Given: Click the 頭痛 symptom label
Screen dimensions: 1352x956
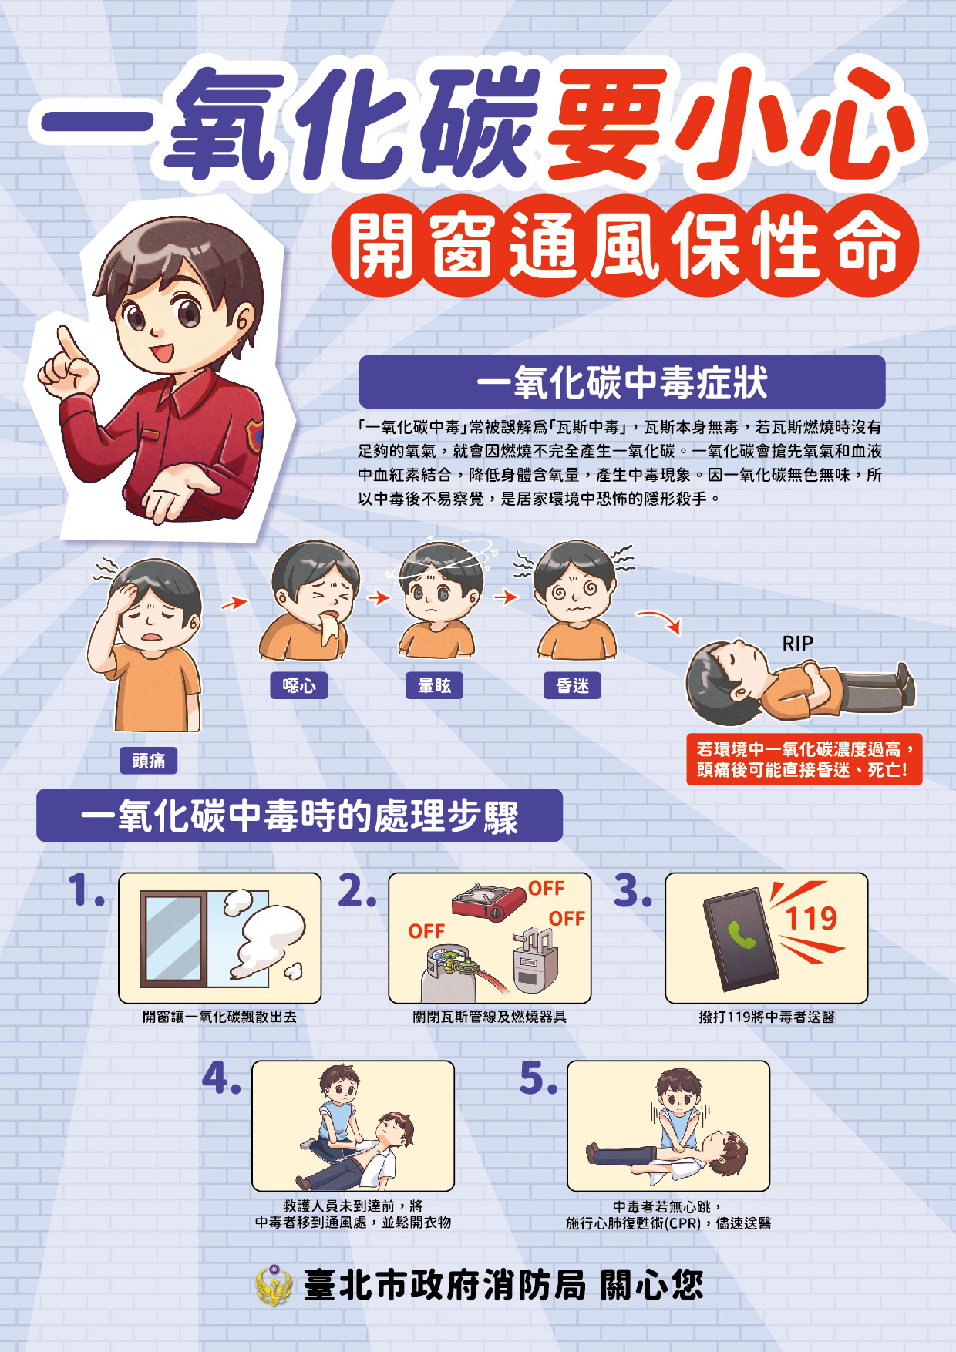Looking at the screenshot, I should (x=149, y=761).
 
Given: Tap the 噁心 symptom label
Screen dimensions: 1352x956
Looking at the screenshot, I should (x=299, y=685).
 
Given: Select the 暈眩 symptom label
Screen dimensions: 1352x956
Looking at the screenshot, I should (x=434, y=685).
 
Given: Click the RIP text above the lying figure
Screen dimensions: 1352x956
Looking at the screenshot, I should (x=797, y=643).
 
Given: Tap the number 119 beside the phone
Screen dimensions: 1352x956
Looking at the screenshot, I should (x=811, y=918).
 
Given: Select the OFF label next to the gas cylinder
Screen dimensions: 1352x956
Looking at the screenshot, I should (x=426, y=931).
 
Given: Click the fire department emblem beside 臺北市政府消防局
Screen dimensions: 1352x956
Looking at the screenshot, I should (x=274, y=1285).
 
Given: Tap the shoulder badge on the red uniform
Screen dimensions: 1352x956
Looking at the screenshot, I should (x=254, y=435).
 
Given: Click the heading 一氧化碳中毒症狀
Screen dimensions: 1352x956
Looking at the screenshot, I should (x=621, y=382).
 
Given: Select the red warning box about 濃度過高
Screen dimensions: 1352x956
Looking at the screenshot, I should (x=804, y=758).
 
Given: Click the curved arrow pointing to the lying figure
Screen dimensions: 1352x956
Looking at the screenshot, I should (x=660, y=621).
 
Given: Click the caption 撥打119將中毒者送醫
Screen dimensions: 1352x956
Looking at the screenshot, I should (x=766, y=1017).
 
